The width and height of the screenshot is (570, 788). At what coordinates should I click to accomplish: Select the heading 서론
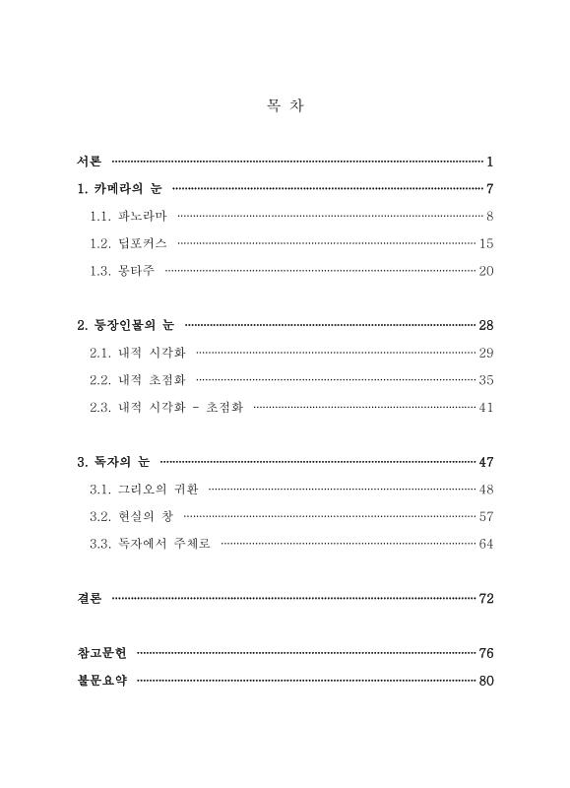click(x=89, y=161)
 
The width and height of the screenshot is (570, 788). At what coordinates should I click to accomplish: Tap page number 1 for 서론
click(x=489, y=161)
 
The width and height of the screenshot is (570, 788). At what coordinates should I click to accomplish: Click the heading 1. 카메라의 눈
click(x=120, y=188)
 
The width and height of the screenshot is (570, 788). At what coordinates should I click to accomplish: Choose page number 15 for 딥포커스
click(x=485, y=243)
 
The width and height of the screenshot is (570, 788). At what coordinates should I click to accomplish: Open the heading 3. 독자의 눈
click(x=114, y=461)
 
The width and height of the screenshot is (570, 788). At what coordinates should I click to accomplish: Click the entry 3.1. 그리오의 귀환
click(x=144, y=489)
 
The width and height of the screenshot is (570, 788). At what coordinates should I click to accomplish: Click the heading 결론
click(x=89, y=598)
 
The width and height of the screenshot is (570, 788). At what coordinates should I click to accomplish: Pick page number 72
click(x=485, y=598)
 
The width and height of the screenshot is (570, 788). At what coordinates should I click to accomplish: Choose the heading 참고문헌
click(x=101, y=653)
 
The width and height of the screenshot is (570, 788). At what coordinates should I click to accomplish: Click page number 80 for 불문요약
click(x=485, y=681)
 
